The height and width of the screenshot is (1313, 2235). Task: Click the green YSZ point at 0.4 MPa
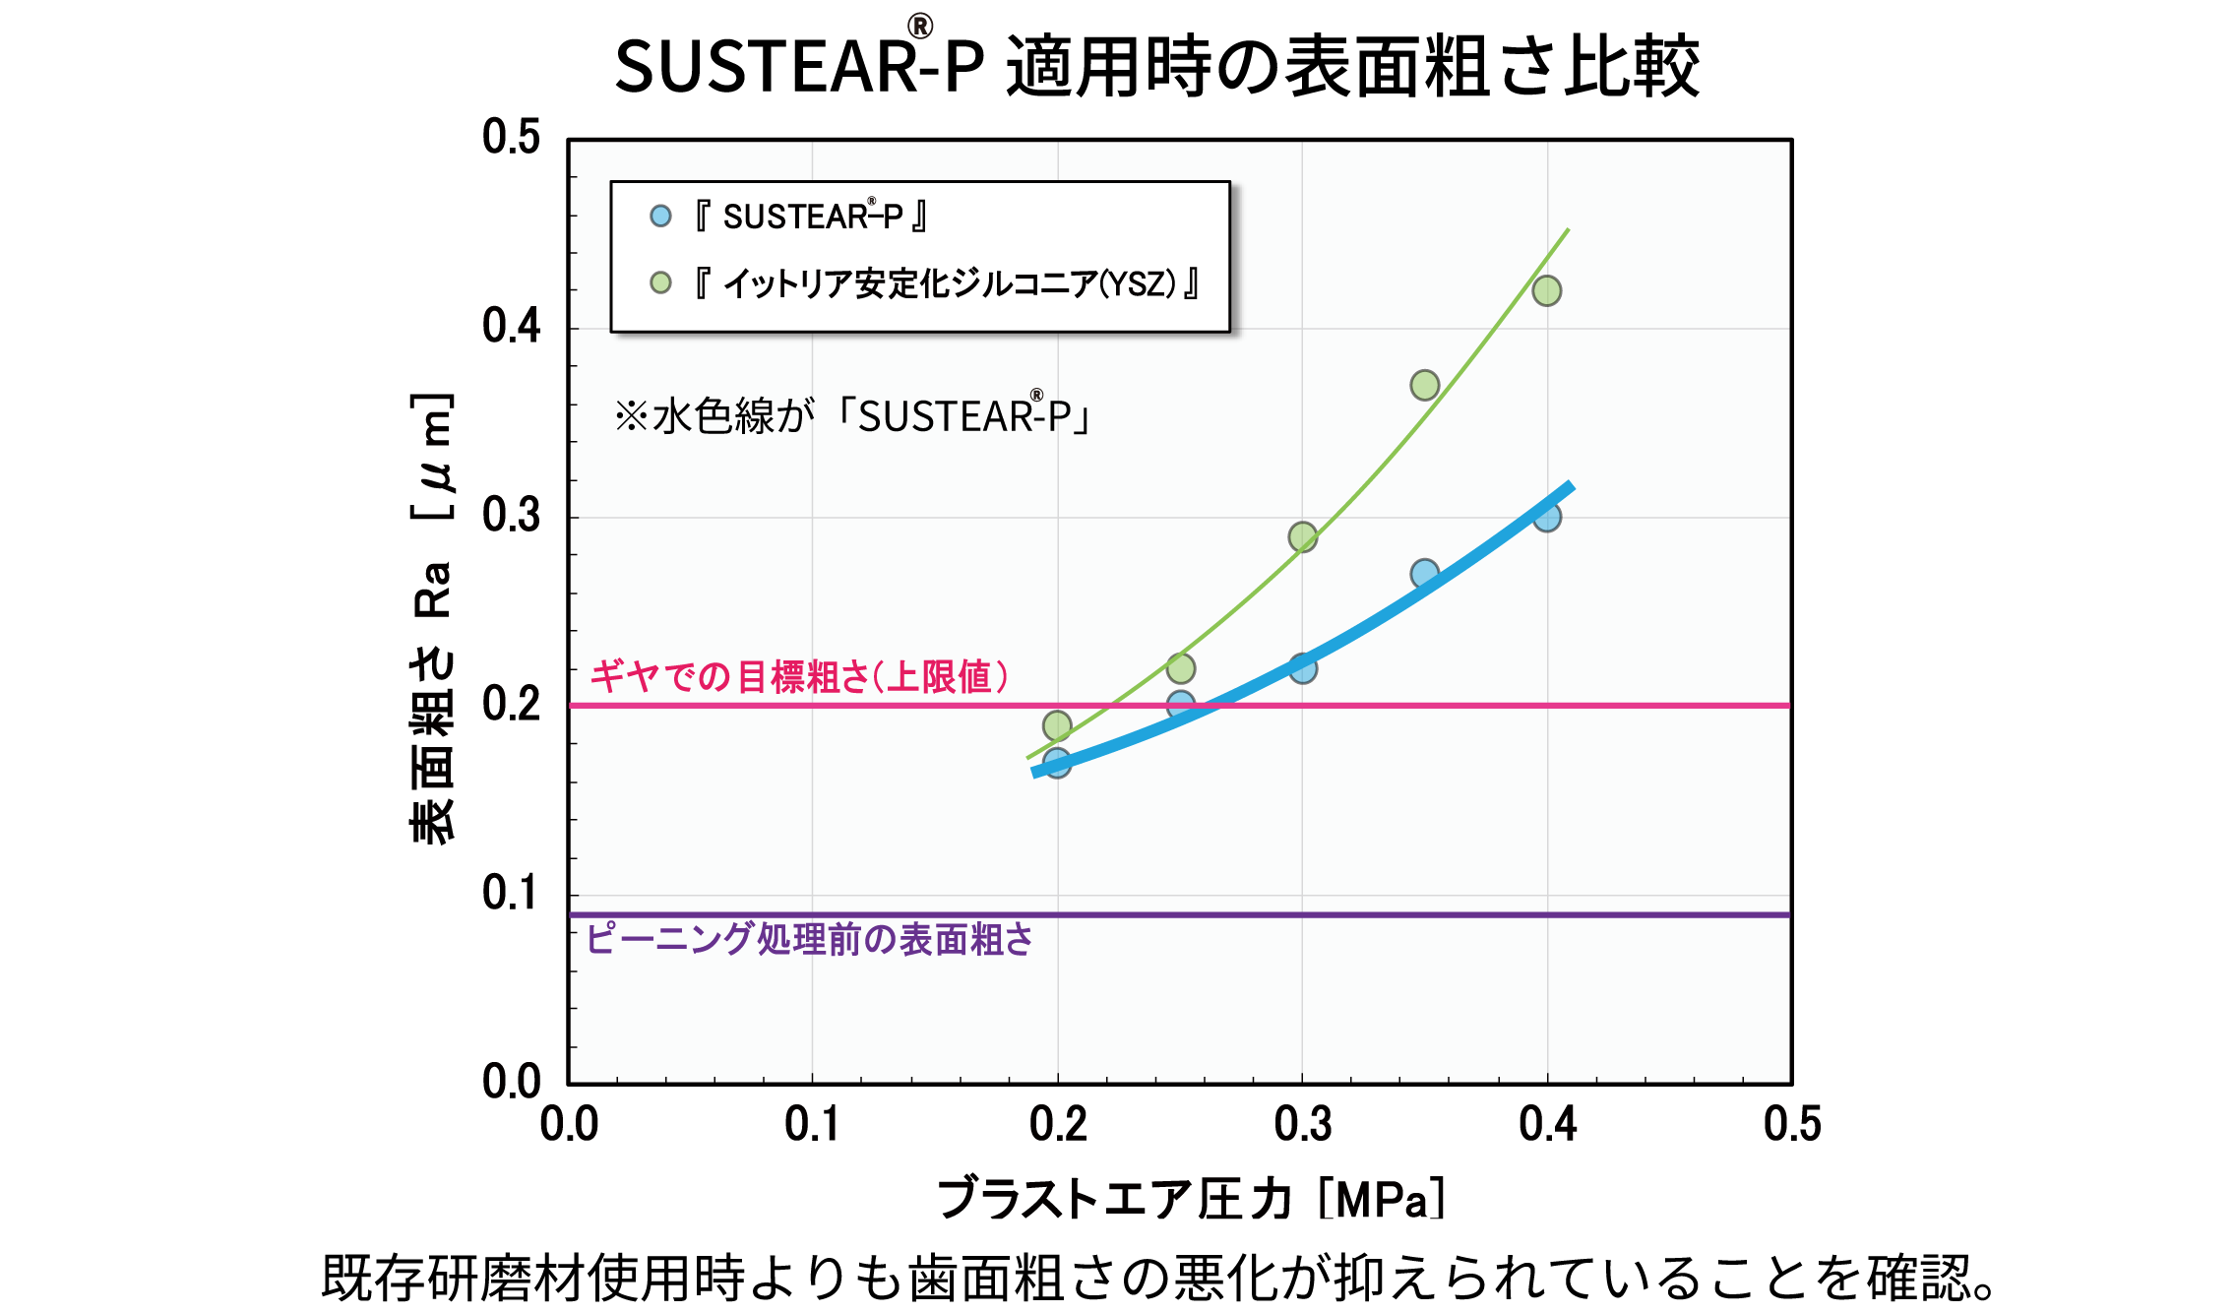click(1546, 290)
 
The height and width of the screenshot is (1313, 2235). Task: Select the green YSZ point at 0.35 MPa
click(1424, 385)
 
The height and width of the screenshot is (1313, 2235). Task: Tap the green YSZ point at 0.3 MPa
click(1302, 536)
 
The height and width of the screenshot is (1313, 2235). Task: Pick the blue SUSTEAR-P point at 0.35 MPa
click(1424, 573)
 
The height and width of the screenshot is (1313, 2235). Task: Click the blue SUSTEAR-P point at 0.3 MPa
click(1302, 668)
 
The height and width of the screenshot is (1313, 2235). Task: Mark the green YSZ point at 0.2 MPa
click(1057, 725)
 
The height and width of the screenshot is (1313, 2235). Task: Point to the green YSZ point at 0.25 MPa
click(1180, 668)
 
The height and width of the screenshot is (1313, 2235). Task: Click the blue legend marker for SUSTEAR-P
click(660, 216)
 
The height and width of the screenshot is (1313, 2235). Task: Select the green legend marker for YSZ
click(660, 283)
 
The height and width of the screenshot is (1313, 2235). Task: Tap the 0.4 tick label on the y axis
click(511, 327)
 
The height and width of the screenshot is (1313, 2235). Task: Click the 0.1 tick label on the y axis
click(511, 894)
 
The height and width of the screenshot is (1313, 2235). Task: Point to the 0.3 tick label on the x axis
click(1302, 1124)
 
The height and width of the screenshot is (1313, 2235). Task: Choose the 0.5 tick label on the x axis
click(1791, 1124)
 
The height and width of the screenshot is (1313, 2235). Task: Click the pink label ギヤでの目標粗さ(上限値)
click(798, 677)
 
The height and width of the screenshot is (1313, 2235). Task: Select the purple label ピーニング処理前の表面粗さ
click(809, 939)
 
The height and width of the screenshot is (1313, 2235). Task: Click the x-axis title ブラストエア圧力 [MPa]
click(1191, 1198)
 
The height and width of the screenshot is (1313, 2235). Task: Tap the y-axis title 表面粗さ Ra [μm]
click(432, 618)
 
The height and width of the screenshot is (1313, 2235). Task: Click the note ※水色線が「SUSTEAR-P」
click(852, 416)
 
